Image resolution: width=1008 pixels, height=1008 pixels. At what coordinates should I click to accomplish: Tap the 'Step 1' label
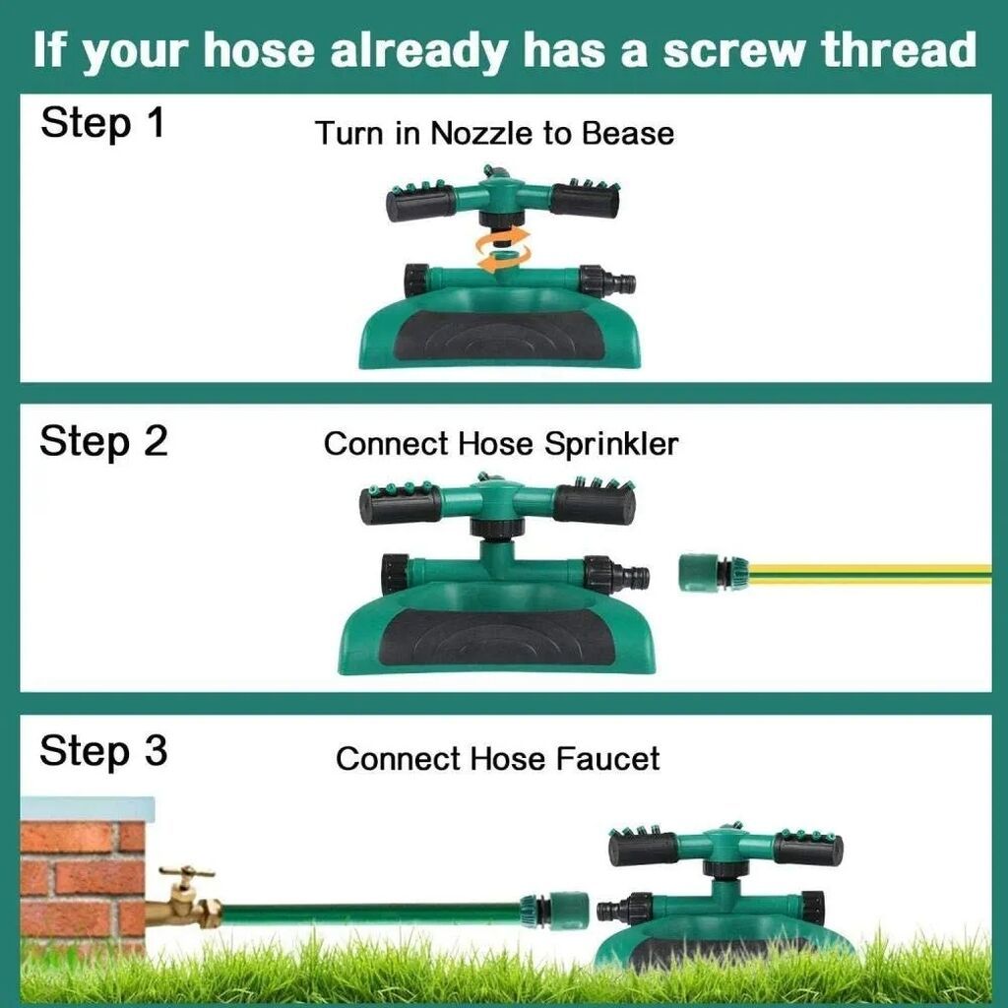102,122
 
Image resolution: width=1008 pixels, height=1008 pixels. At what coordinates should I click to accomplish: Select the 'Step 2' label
102,442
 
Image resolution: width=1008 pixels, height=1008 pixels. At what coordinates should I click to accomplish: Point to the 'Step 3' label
102,750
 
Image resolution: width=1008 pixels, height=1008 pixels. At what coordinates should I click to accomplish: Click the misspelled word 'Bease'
628,134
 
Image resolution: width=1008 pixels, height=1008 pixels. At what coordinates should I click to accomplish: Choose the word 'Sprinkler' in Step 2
610,445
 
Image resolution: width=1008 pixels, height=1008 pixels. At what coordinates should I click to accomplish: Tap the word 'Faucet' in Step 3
607,759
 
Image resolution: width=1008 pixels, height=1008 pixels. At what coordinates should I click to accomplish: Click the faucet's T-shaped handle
186,872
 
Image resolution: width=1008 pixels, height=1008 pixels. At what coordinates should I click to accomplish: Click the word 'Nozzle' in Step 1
480,134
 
